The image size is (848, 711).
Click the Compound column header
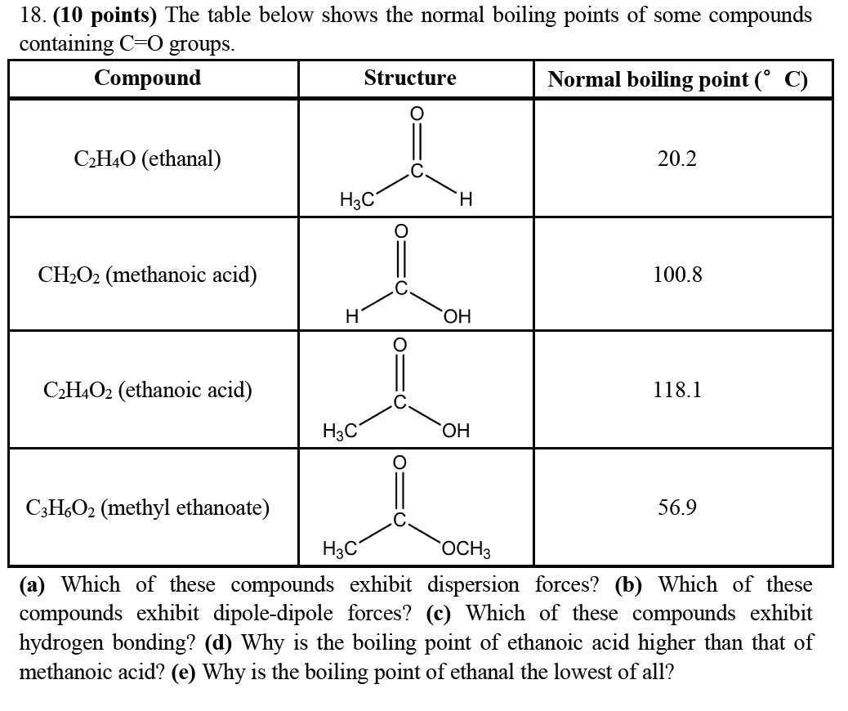147,78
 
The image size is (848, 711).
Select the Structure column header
410,78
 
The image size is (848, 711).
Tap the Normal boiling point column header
677,79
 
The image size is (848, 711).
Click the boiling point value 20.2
676,159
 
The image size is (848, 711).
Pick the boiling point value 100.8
677,275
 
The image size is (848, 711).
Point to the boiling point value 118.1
677,390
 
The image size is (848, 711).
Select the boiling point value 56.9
677,508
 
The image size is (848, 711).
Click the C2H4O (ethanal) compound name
147,159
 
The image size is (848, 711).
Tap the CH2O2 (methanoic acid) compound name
147,275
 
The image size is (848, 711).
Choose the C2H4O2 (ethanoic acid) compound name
147,391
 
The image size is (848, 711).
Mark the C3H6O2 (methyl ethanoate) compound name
147,508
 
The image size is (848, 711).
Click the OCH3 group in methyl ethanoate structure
466,549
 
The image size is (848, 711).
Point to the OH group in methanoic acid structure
457,316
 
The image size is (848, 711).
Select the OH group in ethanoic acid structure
457,431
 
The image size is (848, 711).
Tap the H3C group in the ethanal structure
357,199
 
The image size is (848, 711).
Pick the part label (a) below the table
33,585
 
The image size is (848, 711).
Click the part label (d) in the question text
219,643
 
